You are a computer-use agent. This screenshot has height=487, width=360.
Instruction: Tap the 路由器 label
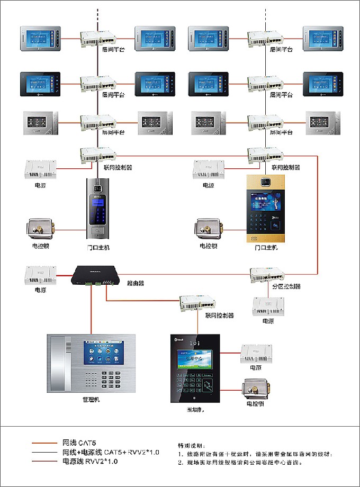(x=136, y=283)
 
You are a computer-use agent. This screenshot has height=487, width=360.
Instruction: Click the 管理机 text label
(x=91, y=400)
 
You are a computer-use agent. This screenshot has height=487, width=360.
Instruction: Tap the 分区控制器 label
(x=286, y=286)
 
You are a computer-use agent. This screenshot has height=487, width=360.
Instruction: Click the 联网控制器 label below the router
(x=220, y=315)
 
